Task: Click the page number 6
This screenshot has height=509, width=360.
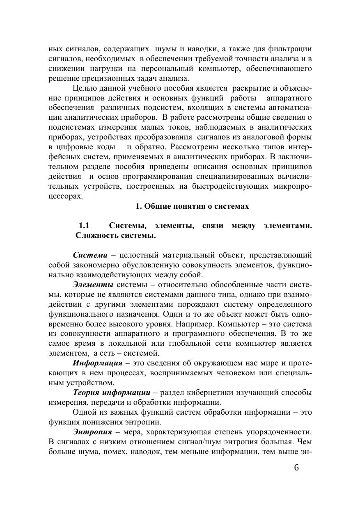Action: [x=297, y=469]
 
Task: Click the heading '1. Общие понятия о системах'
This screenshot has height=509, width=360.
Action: [x=192, y=206]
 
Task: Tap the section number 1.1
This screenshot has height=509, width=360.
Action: [x=84, y=226]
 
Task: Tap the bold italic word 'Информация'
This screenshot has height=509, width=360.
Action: [x=97, y=363]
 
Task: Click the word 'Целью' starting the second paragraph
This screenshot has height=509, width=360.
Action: [x=83, y=88]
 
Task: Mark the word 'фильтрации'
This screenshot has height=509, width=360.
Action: [x=291, y=48]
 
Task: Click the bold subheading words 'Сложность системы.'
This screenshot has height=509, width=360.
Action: [x=115, y=236]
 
